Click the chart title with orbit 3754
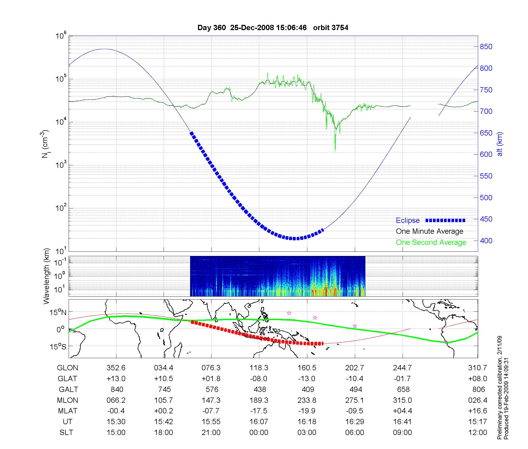(x=273, y=28)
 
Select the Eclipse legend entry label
(x=408, y=221)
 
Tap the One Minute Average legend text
(x=430, y=231)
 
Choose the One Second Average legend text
(x=431, y=242)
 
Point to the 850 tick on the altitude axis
(x=486, y=47)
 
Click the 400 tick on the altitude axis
(x=486, y=241)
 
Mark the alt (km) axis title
(x=500, y=144)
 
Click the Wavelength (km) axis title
(x=46, y=276)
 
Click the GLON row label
(x=68, y=368)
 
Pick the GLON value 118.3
(x=259, y=368)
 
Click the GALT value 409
(x=308, y=390)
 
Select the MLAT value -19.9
(x=307, y=411)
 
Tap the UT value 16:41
(x=402, y=422)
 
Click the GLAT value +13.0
(x=116, y=379)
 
